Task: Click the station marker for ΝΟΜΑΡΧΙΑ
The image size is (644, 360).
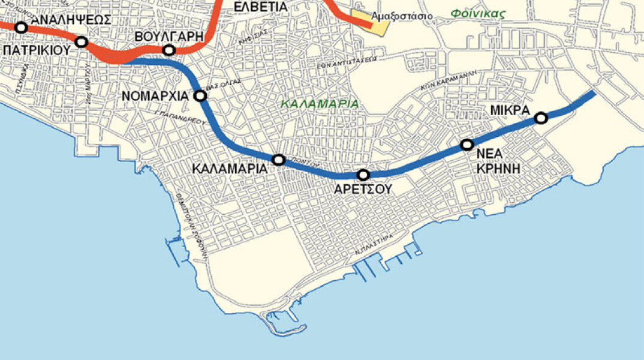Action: [200, 95]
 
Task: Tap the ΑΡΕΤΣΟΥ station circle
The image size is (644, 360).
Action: [363, 175]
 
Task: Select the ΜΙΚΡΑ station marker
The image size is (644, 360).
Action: [541, 118]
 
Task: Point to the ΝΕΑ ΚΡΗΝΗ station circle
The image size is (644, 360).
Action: [467, 145]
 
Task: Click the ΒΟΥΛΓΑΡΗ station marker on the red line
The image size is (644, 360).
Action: [169, 50]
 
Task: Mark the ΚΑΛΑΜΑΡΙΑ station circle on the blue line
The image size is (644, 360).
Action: [278, 160]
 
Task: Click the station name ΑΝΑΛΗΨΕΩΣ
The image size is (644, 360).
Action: [71, 19]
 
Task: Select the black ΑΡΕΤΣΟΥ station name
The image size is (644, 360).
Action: [363, 188]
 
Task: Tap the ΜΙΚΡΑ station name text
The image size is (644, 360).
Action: [509, 110]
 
